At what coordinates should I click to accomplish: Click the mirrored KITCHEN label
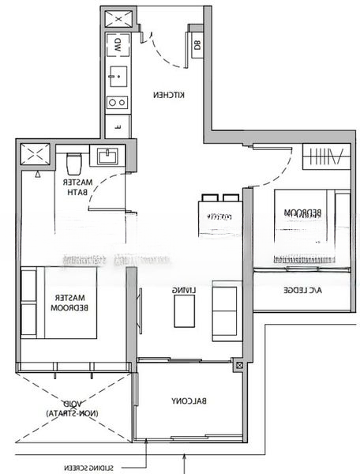point(169,95)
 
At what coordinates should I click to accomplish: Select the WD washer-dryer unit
point(118,43)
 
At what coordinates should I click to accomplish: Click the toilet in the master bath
point(75,164)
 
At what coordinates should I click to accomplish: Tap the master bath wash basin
point(107,157)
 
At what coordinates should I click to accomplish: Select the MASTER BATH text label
point(78,187)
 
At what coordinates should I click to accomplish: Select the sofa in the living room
point(225,313)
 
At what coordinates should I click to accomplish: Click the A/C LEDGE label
point(301,291)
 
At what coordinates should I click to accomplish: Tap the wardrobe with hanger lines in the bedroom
point(323,156)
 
